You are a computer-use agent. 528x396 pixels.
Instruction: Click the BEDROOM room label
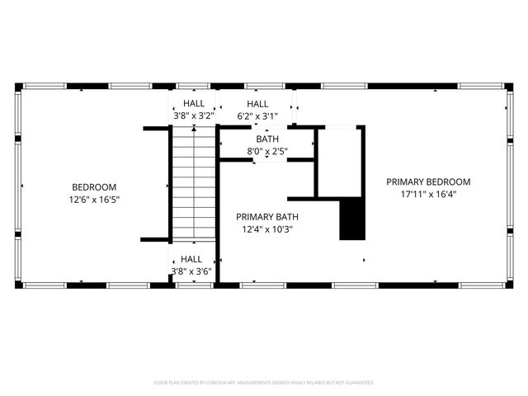point(93,187)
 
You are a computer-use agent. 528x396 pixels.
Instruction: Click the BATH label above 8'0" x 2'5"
point(267,139)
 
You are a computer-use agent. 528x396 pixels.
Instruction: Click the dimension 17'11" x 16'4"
point(428,195)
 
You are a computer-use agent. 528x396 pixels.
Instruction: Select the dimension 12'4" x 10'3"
point(266,229)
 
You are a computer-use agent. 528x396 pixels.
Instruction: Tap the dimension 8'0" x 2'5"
point(267,152)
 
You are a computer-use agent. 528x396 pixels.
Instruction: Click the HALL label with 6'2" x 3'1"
point(257,104)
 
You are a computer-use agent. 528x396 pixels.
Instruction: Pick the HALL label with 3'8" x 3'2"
point(194,104)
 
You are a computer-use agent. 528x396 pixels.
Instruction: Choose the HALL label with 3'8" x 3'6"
point(191,259)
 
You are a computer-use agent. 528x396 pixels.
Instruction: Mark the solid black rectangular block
point(352,219)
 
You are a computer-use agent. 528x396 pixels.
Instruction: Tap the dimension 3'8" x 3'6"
point(191,271)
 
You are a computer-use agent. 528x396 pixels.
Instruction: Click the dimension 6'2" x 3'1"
point(257,116)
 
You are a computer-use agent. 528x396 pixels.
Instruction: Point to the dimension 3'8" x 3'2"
point(193,116)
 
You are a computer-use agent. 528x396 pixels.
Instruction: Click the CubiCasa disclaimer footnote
point(264,383)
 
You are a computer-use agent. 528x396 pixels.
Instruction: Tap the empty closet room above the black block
point(341,161)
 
